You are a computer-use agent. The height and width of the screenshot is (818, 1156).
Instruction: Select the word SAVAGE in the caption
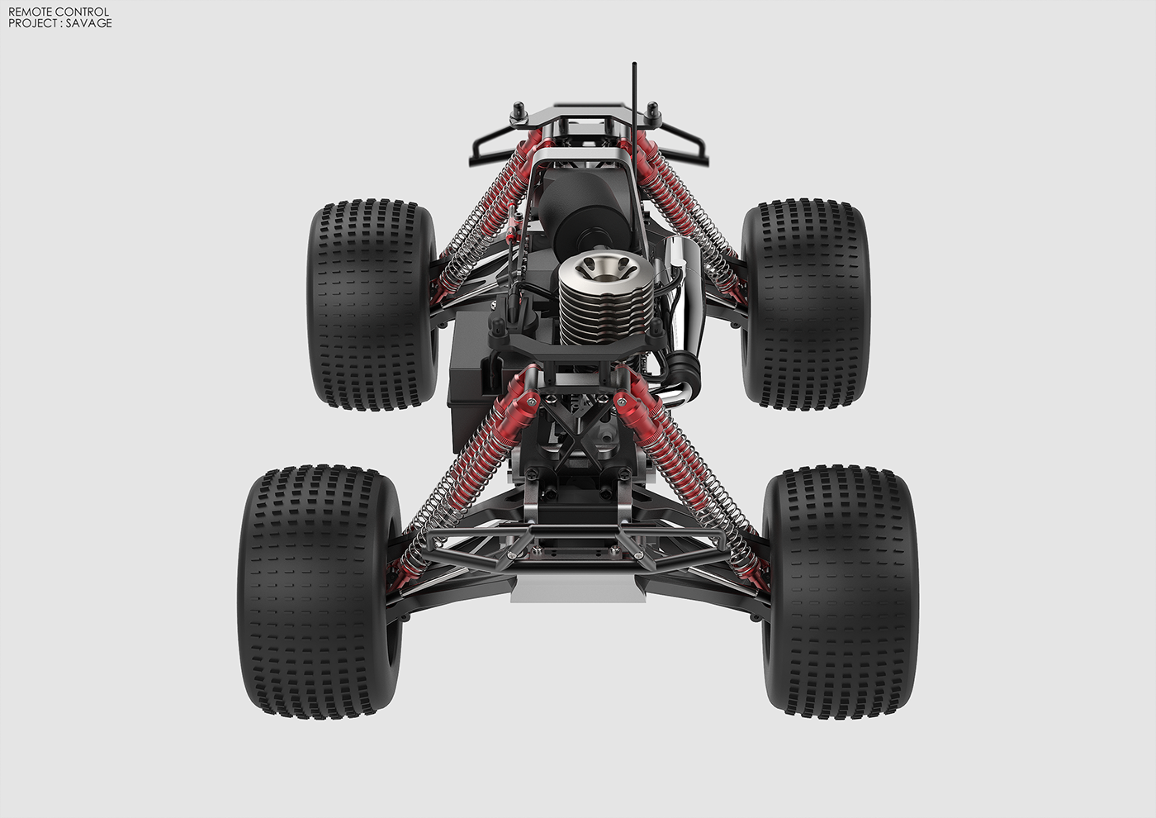[89, 23]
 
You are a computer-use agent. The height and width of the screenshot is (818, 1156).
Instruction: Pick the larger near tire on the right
[841, 591]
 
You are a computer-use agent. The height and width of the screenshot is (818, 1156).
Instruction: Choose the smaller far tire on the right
[805, 303]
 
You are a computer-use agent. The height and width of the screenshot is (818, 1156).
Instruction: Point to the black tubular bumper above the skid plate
[577, 537]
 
